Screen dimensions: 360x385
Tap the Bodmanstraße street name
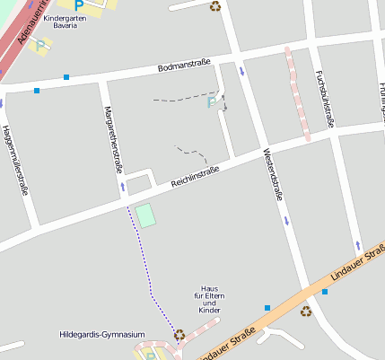point(183,65)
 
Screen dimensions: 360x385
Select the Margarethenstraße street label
point(112,138)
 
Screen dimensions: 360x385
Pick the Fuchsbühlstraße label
point(324,99)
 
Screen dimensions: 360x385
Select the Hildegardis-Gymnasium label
point(101,335)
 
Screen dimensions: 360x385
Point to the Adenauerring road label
point(27,27)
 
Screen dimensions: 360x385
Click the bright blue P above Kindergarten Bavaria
point(78,4)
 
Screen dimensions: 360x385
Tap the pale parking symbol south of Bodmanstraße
point(212,102)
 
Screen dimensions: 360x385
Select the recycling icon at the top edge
point(215,6)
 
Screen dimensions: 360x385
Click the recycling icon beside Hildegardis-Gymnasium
point(179,334)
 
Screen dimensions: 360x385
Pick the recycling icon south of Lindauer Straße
point(306,312)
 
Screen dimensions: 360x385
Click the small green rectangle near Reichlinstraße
point(144,215)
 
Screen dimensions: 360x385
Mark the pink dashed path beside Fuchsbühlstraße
point(298,94)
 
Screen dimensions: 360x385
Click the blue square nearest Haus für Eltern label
point(267,308)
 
